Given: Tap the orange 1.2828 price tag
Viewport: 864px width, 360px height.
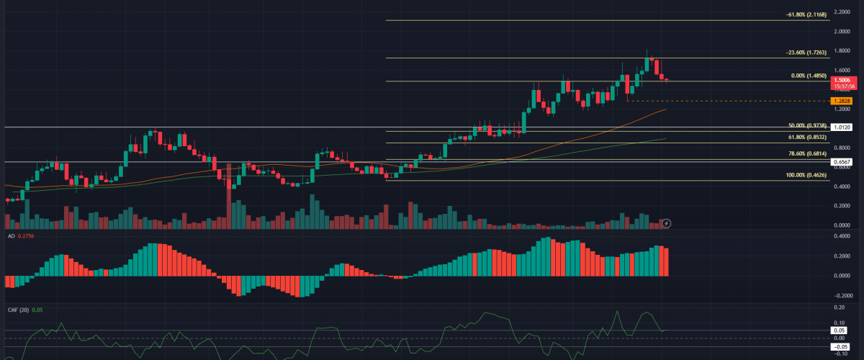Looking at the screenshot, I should click(841, 101).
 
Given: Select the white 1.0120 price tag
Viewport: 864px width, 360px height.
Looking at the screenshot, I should click(841, 127).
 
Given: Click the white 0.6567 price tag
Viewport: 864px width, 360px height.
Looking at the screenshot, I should click(841, 162).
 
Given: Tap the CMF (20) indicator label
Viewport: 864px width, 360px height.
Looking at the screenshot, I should click(16, 310).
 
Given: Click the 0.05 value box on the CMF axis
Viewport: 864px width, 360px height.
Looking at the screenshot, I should click(840, 330).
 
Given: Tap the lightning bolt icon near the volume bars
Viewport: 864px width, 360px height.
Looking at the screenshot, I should click(667, 224).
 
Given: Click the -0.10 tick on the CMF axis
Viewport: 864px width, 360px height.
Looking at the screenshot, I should click(840, 354).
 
